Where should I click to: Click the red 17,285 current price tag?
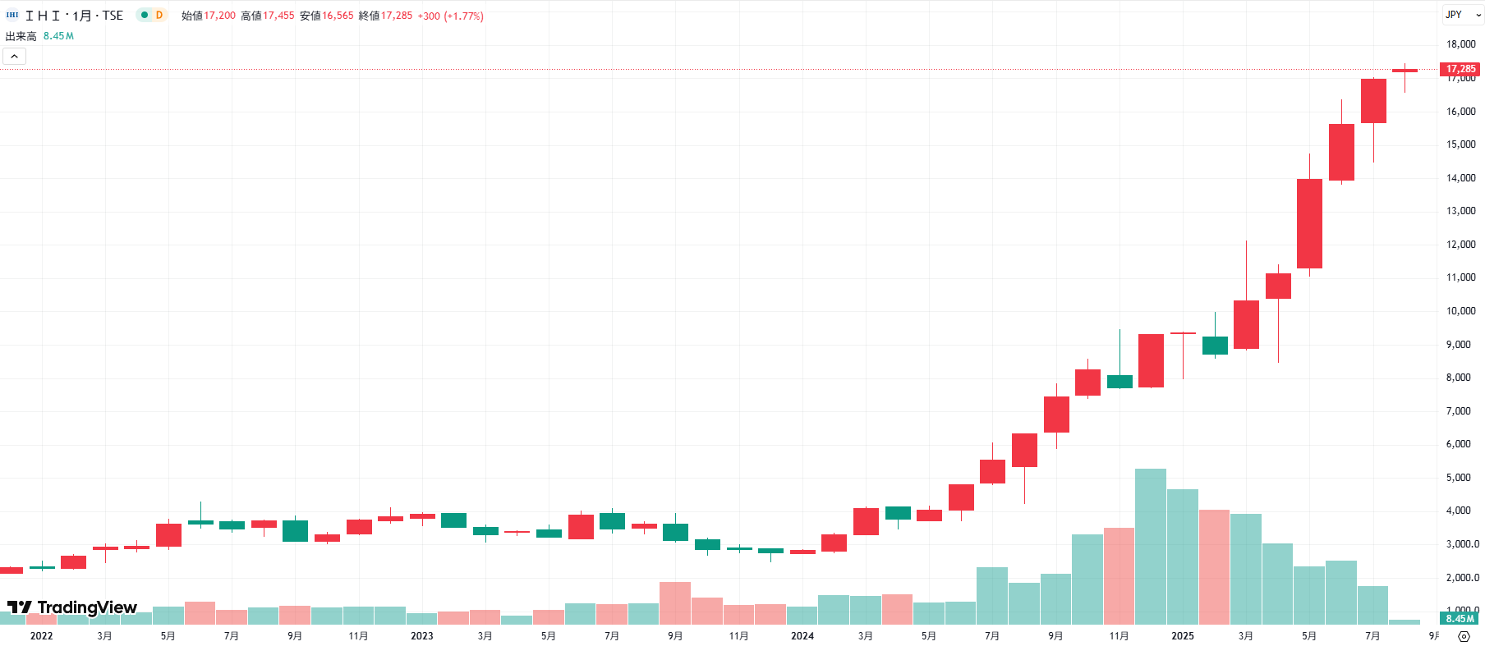(x=1460, y=69)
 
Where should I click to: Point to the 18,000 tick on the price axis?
(x=1460, y=44)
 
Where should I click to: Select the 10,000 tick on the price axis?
(x=1460, y=311)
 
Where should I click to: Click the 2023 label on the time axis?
(x=421, y=636)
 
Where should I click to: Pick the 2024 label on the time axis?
(x=802, y=636)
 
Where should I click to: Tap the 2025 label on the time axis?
(x=1182, y=636)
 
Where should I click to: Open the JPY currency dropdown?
(x=1463, y=15)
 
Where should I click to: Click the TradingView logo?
(x=72, y=607)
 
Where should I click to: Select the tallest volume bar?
(x=1150, y=546)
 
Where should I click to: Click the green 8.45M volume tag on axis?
(x=1460, y=619)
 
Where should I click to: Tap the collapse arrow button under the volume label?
(x=15, y=56)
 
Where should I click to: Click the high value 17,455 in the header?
(x=278, y=16)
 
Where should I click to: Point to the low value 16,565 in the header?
(x=338, y=16)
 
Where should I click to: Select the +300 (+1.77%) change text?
(x=450, y=16)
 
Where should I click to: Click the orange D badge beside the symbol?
(x=159, y=15)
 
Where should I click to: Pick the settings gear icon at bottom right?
(x=1464, y=636)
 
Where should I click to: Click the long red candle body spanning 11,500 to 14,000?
(x=1309, y=223)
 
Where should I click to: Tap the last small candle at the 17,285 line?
(x=1405, y=71)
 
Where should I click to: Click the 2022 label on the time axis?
(x=41, y=636)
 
